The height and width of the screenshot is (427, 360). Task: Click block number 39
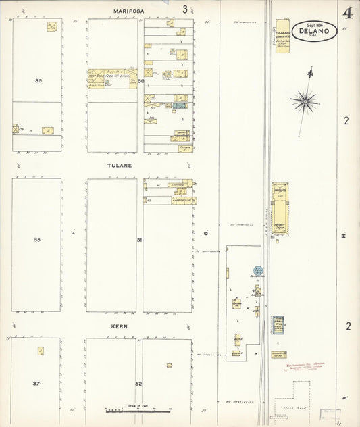[38, 80]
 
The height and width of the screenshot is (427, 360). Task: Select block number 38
[38, 240]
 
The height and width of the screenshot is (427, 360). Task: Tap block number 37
[37, 383]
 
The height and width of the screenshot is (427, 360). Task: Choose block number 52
[138, 384]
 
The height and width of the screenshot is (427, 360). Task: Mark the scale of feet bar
[138, 410]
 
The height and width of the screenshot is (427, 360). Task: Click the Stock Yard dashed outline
[311, 399]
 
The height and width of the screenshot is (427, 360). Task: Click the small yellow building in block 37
[41, 351]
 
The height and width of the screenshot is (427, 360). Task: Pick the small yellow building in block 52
[169, 366]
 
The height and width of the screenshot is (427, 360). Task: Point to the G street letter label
[207, 234]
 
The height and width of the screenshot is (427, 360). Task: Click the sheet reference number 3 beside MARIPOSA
[184, 9]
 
